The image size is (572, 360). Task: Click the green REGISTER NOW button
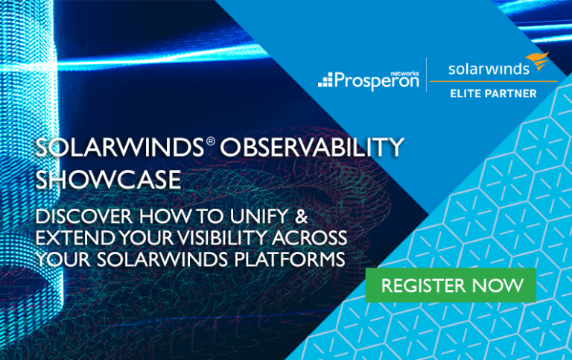point(451,285)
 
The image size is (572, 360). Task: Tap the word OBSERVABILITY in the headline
point(312,147)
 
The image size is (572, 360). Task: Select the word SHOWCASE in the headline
point(108,180)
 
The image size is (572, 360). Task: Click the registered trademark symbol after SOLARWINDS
point(211,141)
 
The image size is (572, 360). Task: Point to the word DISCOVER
point(83,216)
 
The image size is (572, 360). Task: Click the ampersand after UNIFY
point(302,216)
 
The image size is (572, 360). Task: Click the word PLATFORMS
point(289,259)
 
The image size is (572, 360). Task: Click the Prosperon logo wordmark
point(376,80)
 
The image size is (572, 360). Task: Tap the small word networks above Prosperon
point(404,73)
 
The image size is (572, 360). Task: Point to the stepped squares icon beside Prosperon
point(325,80)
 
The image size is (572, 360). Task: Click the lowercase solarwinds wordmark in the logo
point(489,69)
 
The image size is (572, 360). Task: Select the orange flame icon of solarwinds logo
point(538,60)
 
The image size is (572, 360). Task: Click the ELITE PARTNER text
point(493,93)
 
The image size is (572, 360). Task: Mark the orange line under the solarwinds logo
point(494,81)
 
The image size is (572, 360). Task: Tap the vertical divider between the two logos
point(426,75)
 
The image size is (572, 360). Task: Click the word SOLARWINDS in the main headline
point(120,147)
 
